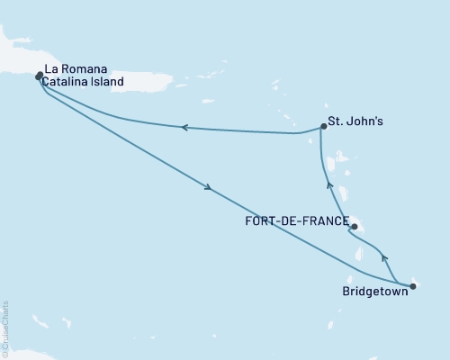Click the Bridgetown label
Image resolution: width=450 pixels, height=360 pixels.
373,292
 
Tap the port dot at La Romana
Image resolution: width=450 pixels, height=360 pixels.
39,76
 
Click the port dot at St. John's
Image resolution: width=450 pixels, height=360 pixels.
322,127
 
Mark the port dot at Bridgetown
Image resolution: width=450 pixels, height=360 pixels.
412,287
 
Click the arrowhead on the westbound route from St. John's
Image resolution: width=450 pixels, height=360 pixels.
184,128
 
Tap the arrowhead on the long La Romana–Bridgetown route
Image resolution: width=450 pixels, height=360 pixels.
209,188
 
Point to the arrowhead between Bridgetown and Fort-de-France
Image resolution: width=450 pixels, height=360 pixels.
384,258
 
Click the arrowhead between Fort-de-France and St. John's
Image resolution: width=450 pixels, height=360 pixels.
329,185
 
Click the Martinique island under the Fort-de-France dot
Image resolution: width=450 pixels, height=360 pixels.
357,224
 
